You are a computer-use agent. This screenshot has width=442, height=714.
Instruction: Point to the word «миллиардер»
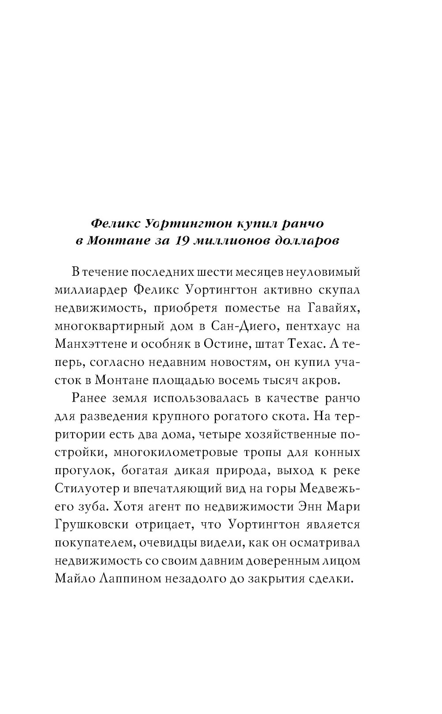coord(90,290)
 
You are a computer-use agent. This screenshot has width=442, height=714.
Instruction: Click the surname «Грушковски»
coord(92,525)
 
